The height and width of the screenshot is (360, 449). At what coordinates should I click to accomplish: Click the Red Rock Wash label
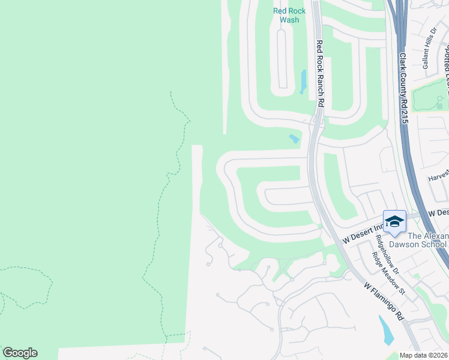(289, 15)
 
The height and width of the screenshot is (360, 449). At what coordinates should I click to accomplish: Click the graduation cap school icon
(394, 222)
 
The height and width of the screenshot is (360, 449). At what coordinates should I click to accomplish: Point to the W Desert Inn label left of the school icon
(362, 232)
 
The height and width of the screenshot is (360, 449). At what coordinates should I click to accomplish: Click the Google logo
(20, 353)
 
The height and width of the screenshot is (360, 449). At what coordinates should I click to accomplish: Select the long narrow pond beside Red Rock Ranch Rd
(303, 82)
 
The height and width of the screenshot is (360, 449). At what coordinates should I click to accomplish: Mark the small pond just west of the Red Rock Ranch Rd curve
(294, 139)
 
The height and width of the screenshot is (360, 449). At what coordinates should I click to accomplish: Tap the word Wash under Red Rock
(289, 20)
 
